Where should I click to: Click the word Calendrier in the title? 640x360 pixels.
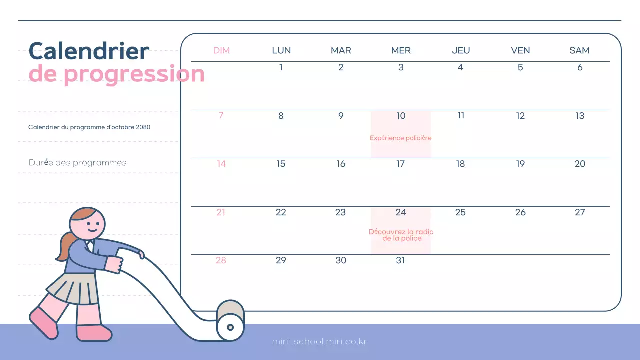pyautogui.click(x=89, y=51)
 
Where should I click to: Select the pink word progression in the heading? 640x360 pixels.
pyautogui.click(x=134, y=74)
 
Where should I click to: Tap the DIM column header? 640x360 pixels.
pyautogui.click(x=221, y=50)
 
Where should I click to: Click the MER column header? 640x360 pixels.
pyautogui.click(x=401, y=50)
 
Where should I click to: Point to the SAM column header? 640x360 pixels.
pyautogui.click(x=579, y=50)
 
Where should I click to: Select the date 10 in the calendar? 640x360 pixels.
pyautogui.click(x=401, y=116)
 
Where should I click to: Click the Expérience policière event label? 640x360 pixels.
pyautogui.click(x=400, y=138)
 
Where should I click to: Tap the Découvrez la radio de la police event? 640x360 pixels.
pyautogui.click(x=401, y=235)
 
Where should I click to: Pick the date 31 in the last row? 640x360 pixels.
pyautogui.click(x=400, y=260)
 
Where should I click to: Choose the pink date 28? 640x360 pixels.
pyautogui.click(x=221, y=260)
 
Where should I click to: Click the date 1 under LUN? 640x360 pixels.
pyautogui.click(x=281, y=67)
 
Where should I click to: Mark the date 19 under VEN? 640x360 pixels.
pyautogui.click(x=520, y=164)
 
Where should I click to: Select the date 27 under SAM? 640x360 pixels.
pyautogui.click(x=580, y=212)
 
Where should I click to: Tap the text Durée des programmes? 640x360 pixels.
pyautogui.click(x=78, y=163)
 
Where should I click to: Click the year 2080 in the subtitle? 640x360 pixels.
pyautogui.click(x=143, y=127)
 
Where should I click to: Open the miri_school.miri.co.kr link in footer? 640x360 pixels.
pyautogui.click(x=320, y=342)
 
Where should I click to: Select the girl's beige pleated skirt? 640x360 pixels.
pyautogui.click(x=74, y=288)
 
